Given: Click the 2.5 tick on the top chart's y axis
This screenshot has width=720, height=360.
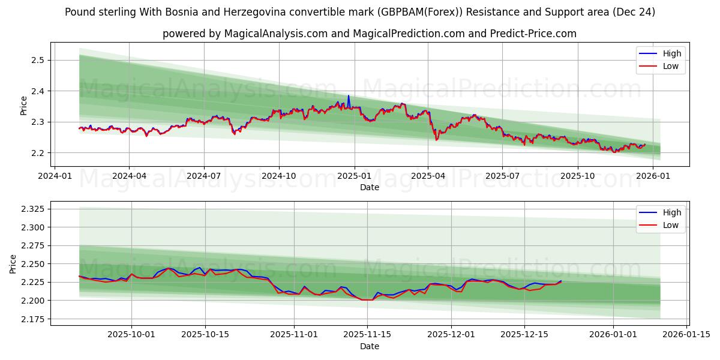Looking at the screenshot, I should (38, 60).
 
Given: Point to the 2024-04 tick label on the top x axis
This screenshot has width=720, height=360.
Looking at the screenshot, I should (129, 176).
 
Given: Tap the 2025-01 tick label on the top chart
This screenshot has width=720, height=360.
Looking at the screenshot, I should (354, 176).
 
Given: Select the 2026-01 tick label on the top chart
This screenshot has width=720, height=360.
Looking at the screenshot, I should (652, 176).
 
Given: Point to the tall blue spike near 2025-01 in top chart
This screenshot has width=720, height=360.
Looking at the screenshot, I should (349, 96).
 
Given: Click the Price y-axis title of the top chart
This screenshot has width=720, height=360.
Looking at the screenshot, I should (24, 105).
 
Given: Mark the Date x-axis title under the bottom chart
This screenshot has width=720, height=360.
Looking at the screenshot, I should (370, 346).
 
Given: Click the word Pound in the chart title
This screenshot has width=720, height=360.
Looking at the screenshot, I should (80, 12).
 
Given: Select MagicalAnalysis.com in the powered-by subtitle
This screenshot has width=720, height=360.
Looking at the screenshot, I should (269, 34).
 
